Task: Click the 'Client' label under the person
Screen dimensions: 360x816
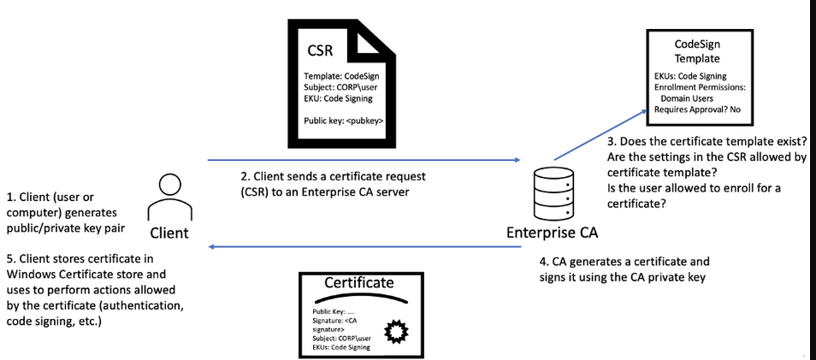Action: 169,233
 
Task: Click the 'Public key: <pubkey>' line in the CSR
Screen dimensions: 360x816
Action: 343,121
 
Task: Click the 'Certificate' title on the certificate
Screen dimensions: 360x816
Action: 359,282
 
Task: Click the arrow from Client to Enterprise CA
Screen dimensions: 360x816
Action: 364,159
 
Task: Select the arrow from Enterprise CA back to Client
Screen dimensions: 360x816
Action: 364,247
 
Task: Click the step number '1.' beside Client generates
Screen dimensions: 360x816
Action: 9,195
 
